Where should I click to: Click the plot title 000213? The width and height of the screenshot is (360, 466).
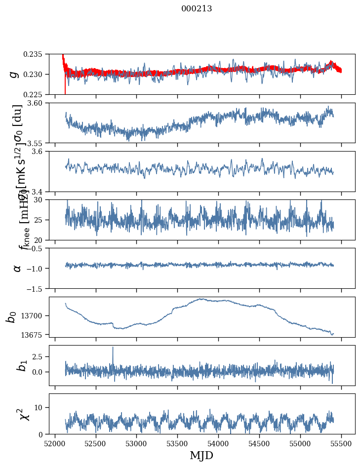click(197, 8)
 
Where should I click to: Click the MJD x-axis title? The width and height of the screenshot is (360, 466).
click(201, 455)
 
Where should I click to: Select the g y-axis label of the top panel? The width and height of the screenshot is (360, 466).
click(14, 74)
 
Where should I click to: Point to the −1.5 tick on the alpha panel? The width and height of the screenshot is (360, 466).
click(37, 288)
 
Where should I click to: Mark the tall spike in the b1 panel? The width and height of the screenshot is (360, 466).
click(113, 348)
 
